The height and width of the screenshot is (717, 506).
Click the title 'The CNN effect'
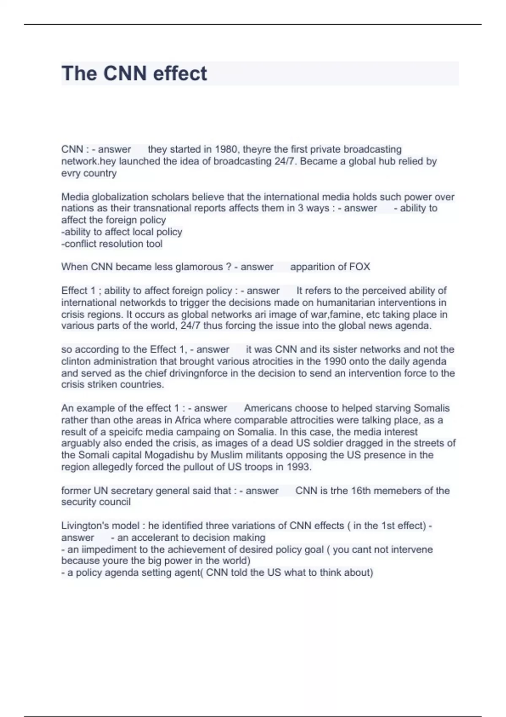click(x=134, y=74)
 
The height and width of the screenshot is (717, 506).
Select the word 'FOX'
click(x=360, y=267)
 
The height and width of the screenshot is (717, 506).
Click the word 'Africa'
click(x=188, y=420)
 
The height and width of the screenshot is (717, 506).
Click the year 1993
click(x=298, y=467)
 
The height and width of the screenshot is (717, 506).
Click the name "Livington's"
click(x=85, y=526)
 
